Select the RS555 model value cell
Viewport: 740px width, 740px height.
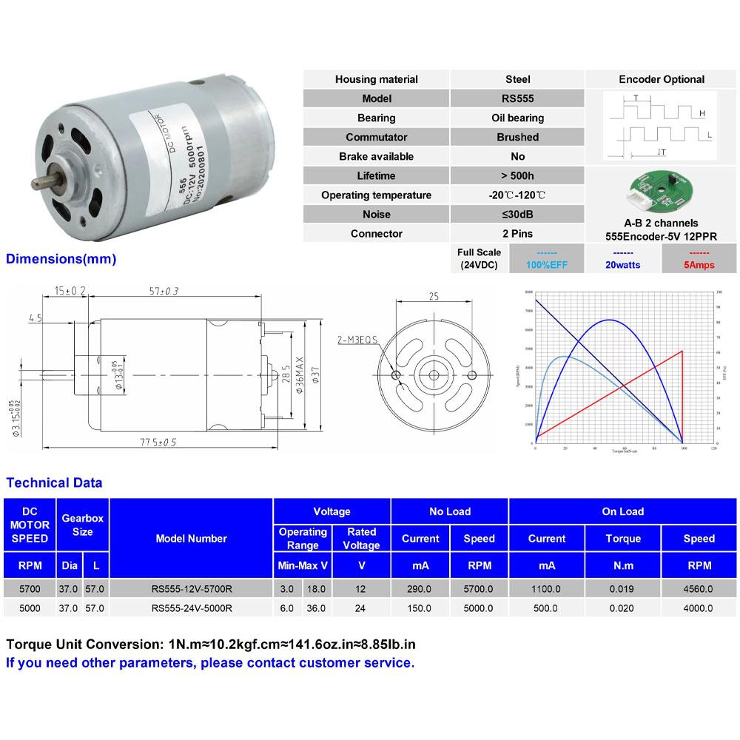517,98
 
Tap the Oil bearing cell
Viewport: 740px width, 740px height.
517,118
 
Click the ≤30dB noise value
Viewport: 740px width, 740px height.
517,215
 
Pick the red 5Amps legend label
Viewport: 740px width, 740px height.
697,264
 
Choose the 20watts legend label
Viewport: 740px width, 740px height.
623,264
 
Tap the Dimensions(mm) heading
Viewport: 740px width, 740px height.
61,260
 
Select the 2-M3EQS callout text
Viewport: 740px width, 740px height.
357,340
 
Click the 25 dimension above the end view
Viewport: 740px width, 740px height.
434,296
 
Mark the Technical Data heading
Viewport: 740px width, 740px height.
54,483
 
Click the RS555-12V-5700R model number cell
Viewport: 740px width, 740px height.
191,589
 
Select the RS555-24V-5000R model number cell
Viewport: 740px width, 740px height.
191,608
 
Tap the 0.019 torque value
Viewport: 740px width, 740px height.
623,589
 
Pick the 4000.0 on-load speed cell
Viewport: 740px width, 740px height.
699,608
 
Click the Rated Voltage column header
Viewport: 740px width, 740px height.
361,539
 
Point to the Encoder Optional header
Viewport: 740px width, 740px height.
661,79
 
